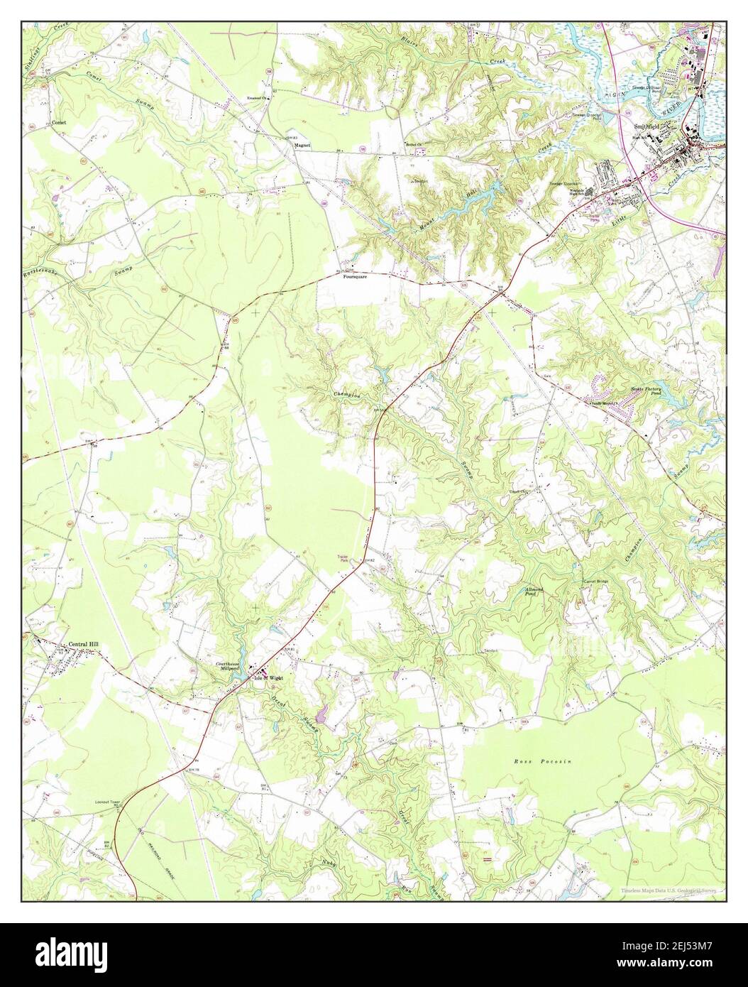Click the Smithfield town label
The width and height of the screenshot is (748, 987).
coord(645,126)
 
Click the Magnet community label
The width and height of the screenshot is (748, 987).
coord(303,145)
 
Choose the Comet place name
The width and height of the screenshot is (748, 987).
coord(60,123)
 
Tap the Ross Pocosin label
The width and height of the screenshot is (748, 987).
coord(541,760)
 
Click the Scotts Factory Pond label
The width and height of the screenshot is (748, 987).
coord(647,391)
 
